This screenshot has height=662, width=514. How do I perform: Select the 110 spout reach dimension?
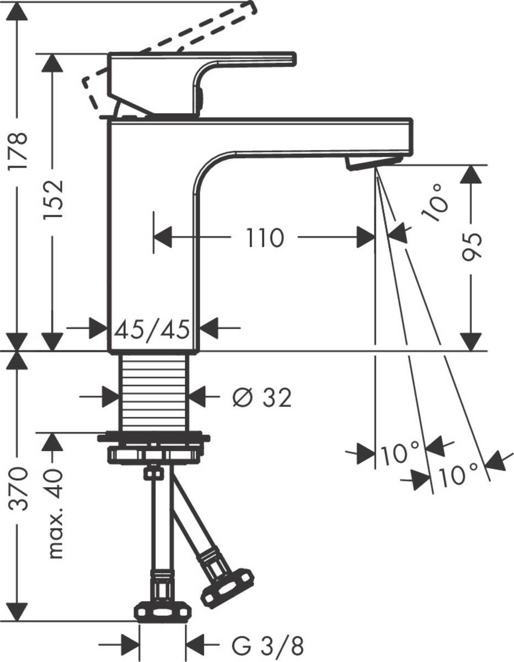pos(265,238)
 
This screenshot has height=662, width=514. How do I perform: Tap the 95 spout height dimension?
pos(472,245)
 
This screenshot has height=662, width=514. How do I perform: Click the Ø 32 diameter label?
pos(261,397)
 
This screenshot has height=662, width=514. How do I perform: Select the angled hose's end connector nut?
pos(227,587)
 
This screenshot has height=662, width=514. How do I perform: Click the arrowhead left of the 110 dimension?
pos(162,238)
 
